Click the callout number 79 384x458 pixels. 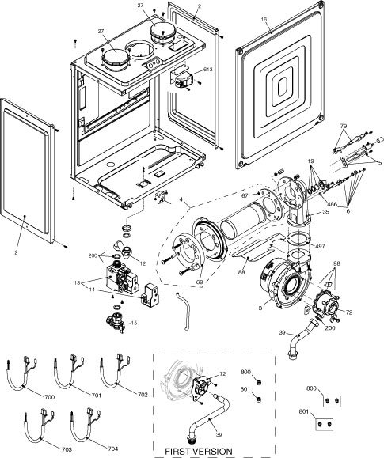coord(344,126)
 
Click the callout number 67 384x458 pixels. coord(245,195)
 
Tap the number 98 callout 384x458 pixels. coord(337,263)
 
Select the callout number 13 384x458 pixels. coord(98,282)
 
